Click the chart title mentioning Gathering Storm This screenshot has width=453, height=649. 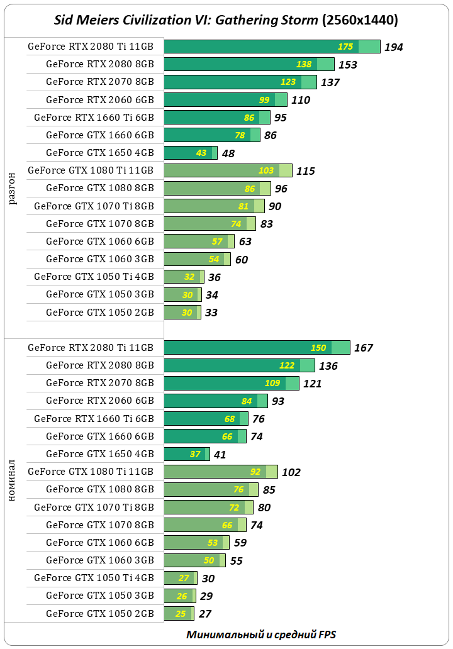(x=226, y=20)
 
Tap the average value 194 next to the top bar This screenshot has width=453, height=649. (x=393, y=47)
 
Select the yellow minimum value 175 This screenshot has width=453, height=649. (x=345, y=47)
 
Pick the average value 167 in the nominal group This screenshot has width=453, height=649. (x=364, y=348)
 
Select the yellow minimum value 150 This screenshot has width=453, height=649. (x=318, y=348)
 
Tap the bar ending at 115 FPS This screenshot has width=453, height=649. (x=228, y=170)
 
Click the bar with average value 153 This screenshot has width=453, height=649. (x=249, y=64)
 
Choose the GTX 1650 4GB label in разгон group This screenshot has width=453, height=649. (x=99, y=152)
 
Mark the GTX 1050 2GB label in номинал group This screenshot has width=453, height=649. (x=99, y=613)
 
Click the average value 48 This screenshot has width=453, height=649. (x=228, y=153)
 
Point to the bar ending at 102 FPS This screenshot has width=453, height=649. (x=220, y=472)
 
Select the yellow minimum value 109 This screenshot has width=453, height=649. (x=272, y=383)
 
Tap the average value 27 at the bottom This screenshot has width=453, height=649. (x=205, y=614)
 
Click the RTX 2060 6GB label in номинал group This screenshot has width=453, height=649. (x=99, y=401)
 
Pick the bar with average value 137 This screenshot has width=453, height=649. (x=240, y=82)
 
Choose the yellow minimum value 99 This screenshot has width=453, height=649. (x=264, y=100)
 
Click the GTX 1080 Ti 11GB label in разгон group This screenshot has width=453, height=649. (x=91, y=170)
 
